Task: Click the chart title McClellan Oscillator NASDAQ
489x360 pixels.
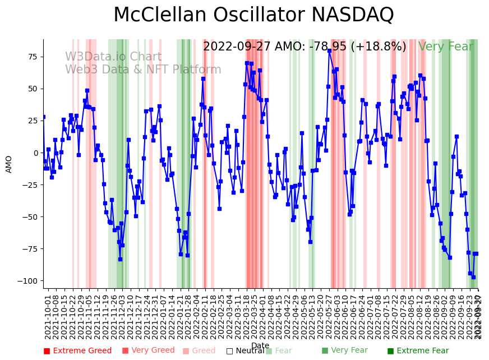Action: click(253, 15)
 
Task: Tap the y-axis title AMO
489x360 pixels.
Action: click(9, 164)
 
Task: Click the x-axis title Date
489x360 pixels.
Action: click(260, 345)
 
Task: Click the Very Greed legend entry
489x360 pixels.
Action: click(149, 350)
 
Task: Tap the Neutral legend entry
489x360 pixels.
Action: click(245, 351)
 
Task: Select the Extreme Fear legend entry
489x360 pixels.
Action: click(418, 351)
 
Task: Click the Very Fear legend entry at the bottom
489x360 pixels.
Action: click(344, 350)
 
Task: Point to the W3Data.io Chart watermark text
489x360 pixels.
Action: click(113, 57)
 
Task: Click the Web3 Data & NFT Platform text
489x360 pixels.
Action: click(143, 70)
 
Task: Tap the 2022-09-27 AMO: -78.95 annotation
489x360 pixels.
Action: click(305, 47)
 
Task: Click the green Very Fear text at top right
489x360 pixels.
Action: click(446, 47)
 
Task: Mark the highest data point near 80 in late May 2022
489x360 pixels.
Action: click(329, 50)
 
